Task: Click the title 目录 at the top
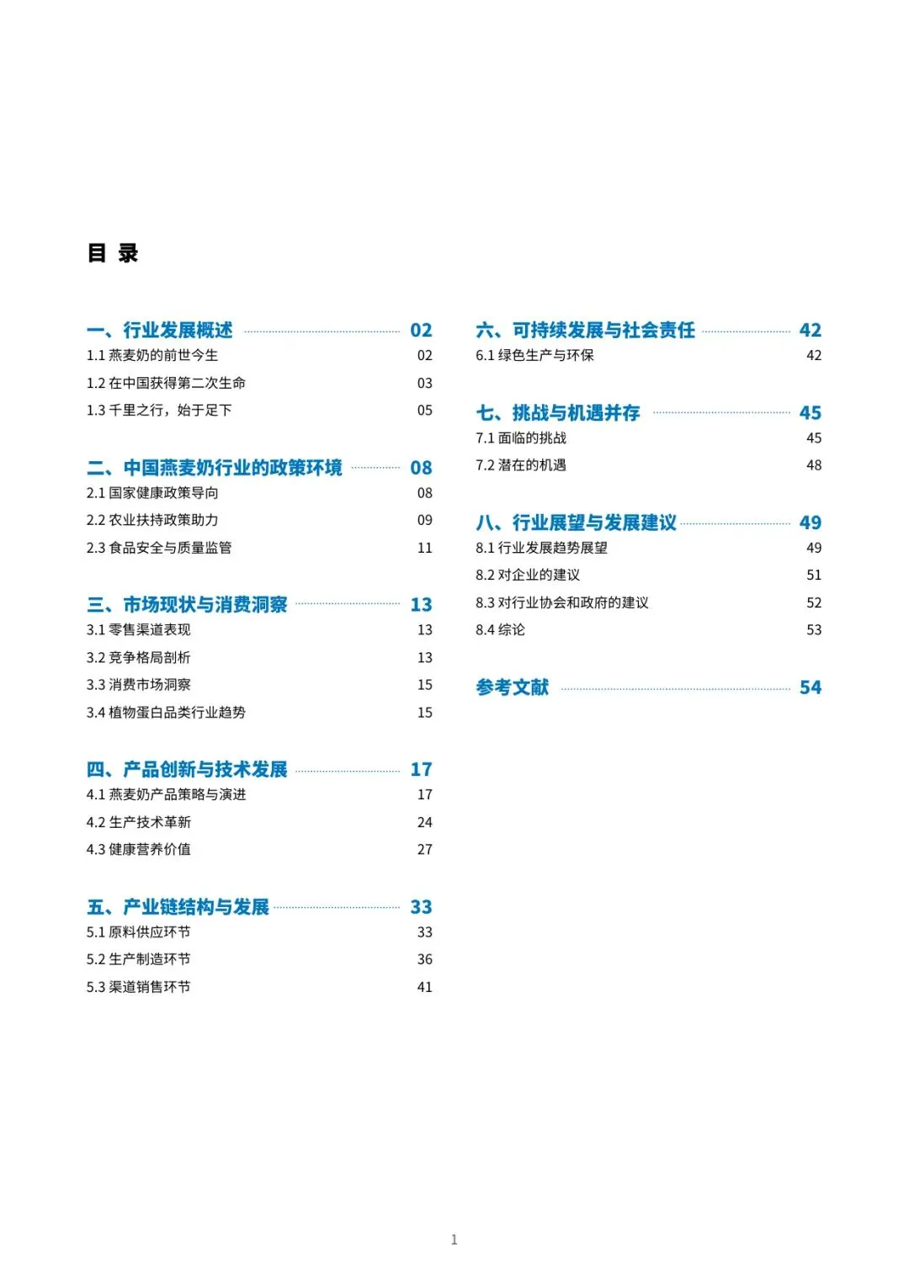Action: [x=113, y=252]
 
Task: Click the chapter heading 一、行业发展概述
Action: [x=160, y=330]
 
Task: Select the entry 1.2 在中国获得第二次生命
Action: [x=166, y=383]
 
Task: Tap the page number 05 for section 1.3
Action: [x=425, y=411]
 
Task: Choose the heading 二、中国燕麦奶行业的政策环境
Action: [x=215, y=467]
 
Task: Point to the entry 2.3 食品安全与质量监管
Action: [x=159, y=548]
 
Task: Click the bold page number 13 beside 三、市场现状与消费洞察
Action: [x=421, y=604]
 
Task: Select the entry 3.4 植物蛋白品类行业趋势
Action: [x=166, y=713]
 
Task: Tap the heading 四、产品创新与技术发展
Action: [x=187, y=769]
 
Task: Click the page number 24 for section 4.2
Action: [x=425, y=822]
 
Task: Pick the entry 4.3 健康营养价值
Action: [x=139, y=850]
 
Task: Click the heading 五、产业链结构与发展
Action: [x=178, y=906]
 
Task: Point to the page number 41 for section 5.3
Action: [x=425, y=987]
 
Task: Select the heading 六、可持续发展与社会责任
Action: [x=586, y=330]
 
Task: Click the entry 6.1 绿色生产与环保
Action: [x=534, y=355]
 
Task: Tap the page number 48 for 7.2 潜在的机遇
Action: [x=814, y=465]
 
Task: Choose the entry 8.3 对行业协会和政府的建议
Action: [x=562, y=602]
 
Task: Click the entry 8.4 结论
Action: [x=500, y=630]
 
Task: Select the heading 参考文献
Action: [x=512, y=687]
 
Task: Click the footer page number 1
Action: [x=454, y=1239]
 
